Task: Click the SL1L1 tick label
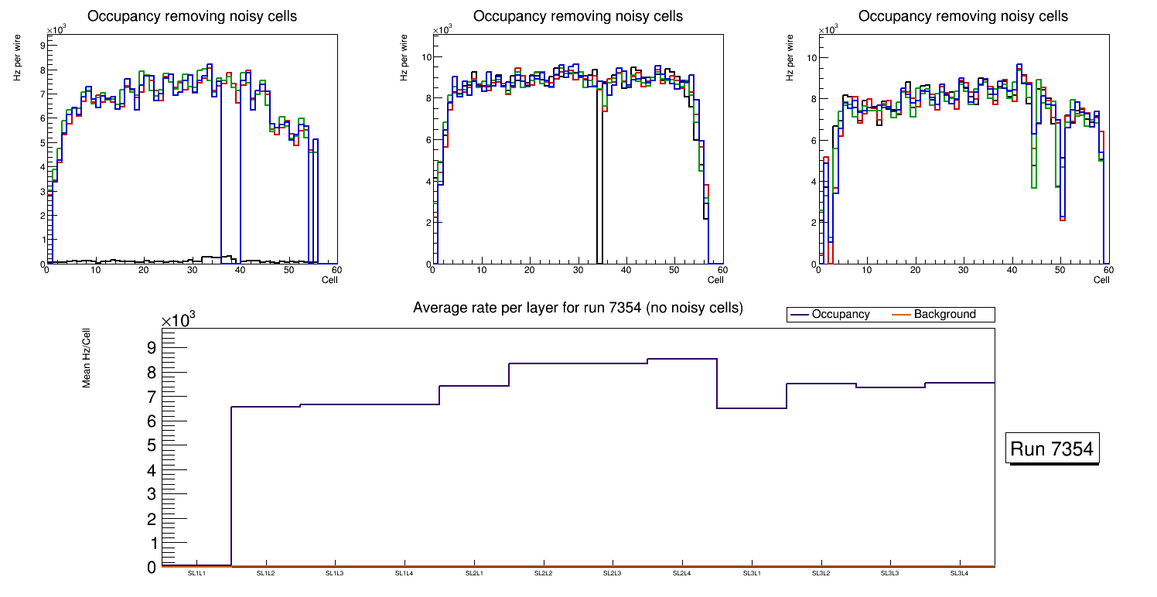coord(196,573)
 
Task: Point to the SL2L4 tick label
coord(681,573)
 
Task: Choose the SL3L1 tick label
coord(752,573)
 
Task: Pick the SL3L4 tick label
coord(960,573)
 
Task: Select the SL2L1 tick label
coord(474,573)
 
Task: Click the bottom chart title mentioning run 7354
coord(578,308)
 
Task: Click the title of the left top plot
coord(192,16)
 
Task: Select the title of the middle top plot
coord(578,16)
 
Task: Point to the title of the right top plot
coord(963,16)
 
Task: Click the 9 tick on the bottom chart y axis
coord(151,347)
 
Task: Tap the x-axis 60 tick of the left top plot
coord(336,270)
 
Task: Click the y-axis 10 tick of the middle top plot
coord(425,56)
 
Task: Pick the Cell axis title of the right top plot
coord(1101,280)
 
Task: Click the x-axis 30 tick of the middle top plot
coord(577,270)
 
